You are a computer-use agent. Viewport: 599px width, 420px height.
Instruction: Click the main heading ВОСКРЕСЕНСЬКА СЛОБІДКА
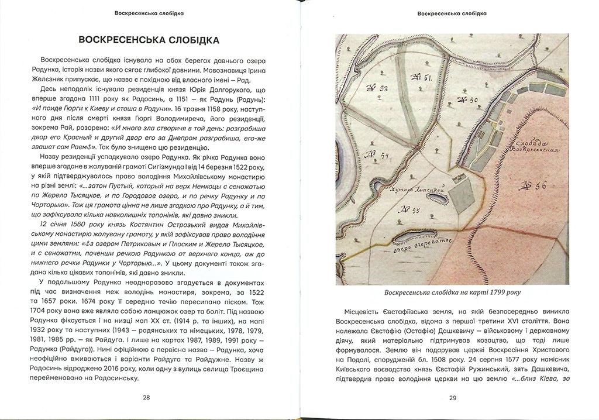pos(149,40)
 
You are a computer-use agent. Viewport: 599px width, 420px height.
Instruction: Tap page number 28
pos(146,398)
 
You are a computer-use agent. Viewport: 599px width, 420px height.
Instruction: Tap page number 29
pos(452,398)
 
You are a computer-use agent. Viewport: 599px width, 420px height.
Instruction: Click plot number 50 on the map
pos(468,100)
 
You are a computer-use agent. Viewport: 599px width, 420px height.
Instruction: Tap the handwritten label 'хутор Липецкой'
pos(418,189)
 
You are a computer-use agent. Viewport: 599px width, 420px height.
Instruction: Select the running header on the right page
pos(452,12)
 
